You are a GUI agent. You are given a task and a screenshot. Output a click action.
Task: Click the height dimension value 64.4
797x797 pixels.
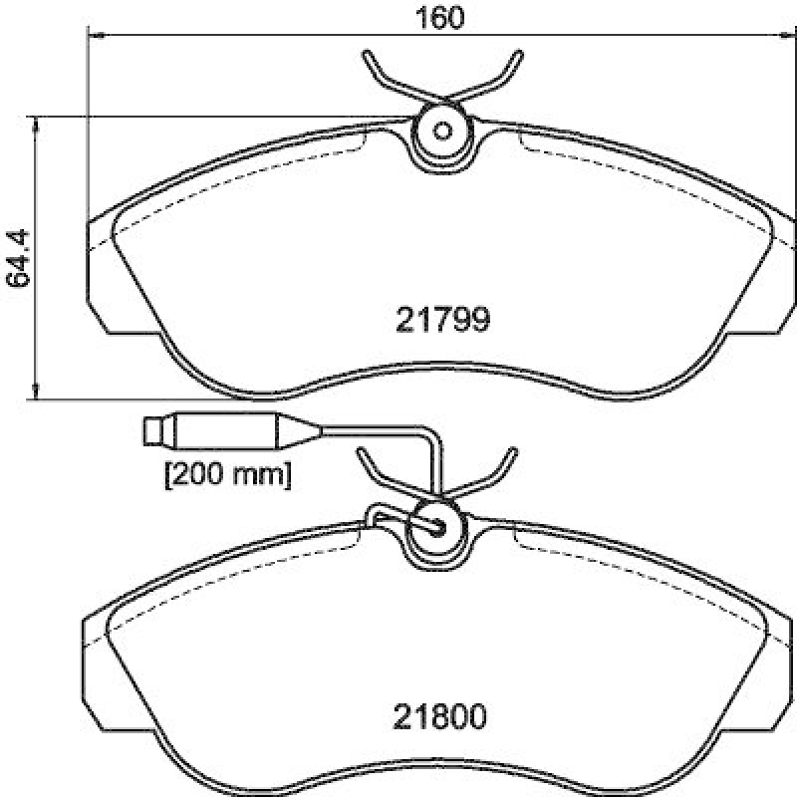click(x=19, y=259)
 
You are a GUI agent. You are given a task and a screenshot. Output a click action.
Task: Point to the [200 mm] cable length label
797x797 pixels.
click(x=227, y=475)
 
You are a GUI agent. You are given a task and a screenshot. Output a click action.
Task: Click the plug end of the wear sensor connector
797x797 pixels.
click(x=155, y=431)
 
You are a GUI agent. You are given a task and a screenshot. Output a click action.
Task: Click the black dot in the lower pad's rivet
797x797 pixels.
click(x=435, y=527)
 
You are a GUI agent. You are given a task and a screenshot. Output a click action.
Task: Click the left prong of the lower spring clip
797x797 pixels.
click(x=372, y=467)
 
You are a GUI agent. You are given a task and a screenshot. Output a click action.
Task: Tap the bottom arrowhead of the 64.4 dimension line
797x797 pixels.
click(x=38, y=392)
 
